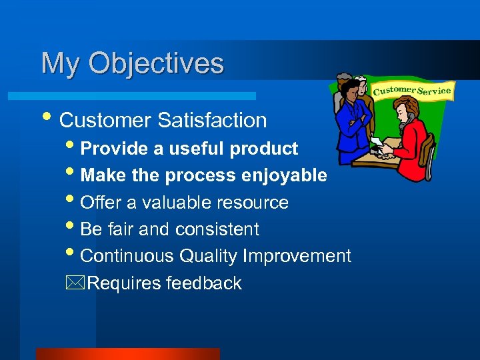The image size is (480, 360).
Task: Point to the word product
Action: (263, 149)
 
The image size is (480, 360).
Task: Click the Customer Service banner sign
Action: (412, 91)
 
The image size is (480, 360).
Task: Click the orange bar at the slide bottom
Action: (127, 353)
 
